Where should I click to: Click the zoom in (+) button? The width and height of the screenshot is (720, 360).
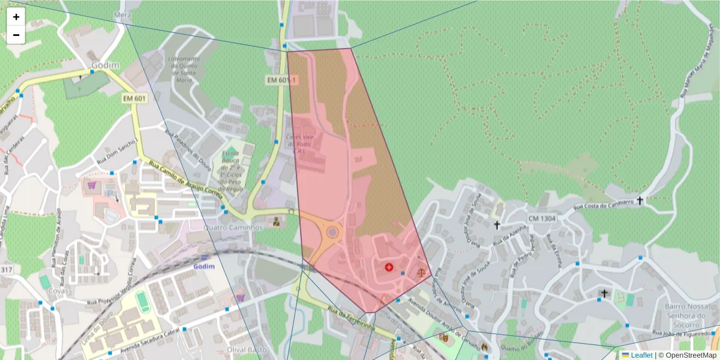(x=16, y=17)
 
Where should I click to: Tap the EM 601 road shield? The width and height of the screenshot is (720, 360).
(x=135, y=98)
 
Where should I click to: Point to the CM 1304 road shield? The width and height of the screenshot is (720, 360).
(x=542, y=218)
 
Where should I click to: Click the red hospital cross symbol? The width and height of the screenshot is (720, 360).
(x=389, y=266)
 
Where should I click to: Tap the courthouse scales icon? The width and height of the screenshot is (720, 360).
(x=421, y=272)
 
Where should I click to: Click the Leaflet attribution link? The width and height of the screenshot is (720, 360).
(x=641, y=355)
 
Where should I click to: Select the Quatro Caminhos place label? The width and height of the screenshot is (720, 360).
(x=233, y=228)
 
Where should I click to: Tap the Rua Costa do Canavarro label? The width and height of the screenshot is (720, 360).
(x=604, y=205)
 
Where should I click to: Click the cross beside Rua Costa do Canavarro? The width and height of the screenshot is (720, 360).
(x=640, y=200)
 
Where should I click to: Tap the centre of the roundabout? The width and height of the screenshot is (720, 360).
(x=332, y=232)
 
